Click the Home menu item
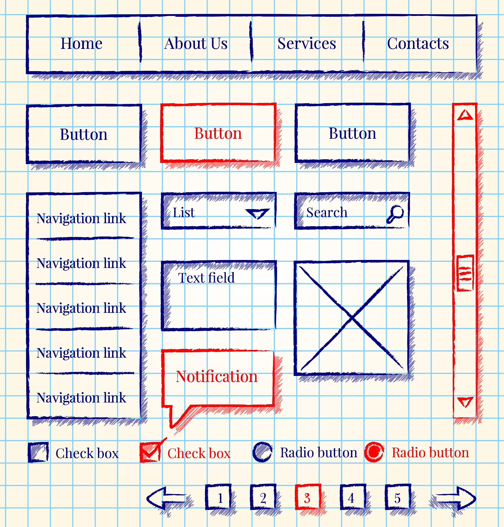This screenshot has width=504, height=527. tap(82, 43)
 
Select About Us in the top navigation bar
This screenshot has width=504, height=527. tap(196, 43)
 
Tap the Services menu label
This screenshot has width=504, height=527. tap(307, 43)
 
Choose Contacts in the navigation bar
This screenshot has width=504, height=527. tap(418, 43)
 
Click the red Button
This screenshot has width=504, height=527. tap(218, 133)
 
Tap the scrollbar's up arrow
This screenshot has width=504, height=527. tap(465, 115)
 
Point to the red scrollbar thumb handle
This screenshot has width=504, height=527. tap(465, 273)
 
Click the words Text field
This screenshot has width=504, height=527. tap(206, 278)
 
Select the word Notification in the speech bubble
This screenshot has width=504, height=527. tap(217, 376)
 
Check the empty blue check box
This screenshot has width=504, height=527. tap(38, 453)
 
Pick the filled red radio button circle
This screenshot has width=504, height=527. tap(374, 452)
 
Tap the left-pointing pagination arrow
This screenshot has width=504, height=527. tap(165, 498)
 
